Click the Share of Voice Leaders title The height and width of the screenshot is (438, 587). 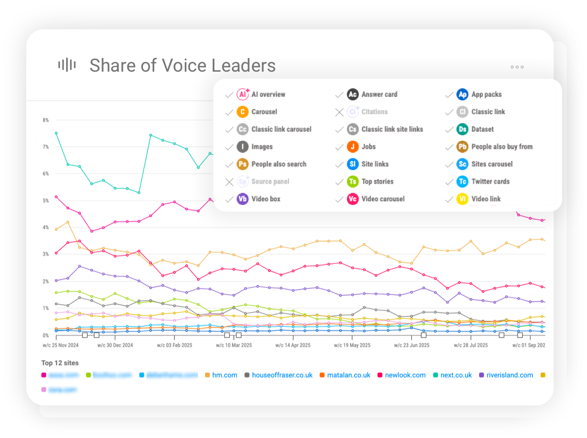tap(182, 66)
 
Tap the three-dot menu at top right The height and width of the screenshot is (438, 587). tap(517, 67)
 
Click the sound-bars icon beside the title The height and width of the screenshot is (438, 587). tap(67, 65)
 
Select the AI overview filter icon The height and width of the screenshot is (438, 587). tap(243, 94)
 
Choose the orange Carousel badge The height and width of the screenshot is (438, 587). tap(243, 112)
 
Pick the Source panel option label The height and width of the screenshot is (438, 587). tap(270, 182)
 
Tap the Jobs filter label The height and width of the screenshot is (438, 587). tap(369, 147)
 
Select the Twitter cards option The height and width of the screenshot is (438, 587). tap(490, 182)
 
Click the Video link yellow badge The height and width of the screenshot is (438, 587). tap(462, 199)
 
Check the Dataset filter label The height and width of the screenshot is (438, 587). tap(482, 129)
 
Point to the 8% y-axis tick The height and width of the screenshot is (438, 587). tap(45, 120)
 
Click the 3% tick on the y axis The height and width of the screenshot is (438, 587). tap(45, 255)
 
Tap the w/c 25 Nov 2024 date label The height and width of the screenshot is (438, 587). tap(61, 346)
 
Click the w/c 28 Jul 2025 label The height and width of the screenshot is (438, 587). tap(471, 346)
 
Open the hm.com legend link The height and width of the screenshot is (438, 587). tap(225, 375)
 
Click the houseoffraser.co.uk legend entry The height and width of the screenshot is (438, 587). tap(282, 375)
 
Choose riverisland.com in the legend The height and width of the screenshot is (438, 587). tap(509, 375)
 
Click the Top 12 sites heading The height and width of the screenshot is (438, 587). tap(60, 363)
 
